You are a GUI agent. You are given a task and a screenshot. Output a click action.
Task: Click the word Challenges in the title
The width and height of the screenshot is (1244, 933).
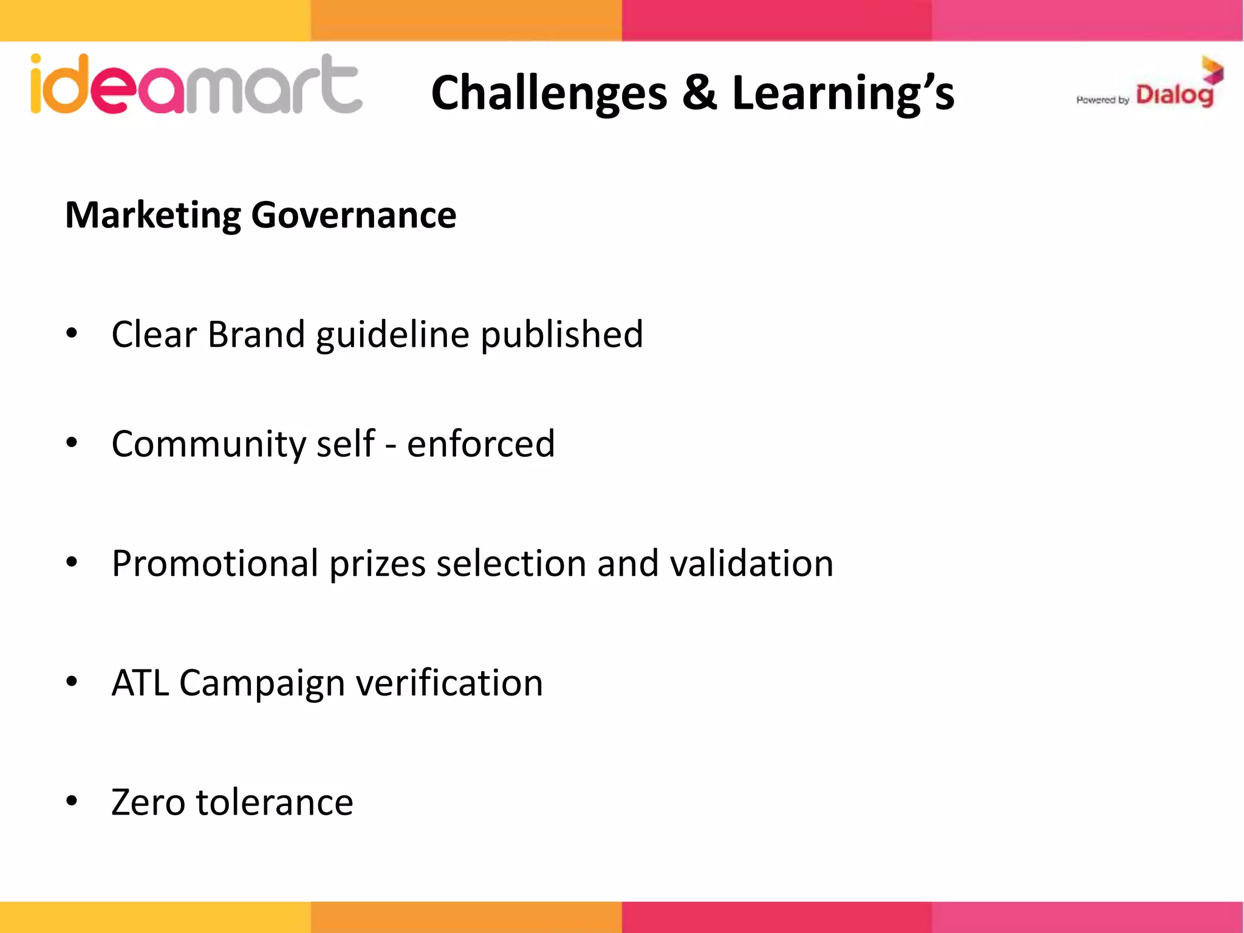(549, 93)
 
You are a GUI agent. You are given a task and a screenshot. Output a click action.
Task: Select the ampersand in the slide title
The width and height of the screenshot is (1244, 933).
(699, 93)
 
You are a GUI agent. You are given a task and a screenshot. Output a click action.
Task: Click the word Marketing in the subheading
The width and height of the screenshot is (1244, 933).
(153, 216)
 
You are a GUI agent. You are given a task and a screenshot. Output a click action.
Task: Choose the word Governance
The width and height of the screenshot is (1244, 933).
(354, 216)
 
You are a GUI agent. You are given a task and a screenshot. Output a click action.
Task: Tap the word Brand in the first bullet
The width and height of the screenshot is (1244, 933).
(256, 334)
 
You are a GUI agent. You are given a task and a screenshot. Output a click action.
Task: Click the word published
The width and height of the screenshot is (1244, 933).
(562, 335)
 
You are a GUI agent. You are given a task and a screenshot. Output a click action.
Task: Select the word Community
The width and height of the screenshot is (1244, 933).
(208, 445)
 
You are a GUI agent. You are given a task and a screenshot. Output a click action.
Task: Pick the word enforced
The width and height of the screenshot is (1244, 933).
(480, 443)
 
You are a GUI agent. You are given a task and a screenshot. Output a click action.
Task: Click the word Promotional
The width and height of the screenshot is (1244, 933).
(215, 564)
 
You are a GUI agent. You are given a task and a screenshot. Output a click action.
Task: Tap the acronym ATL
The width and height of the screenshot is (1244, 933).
(140, 683)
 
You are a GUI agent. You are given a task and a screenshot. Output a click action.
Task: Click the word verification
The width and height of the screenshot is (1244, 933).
(449, 683)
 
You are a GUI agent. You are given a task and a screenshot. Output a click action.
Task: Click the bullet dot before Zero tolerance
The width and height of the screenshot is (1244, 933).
(72, 801)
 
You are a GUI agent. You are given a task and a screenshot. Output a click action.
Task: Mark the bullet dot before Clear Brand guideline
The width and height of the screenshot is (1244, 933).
(72, 333)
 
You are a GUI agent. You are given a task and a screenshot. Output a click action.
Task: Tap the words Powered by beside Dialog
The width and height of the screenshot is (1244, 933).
(1102, 100)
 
